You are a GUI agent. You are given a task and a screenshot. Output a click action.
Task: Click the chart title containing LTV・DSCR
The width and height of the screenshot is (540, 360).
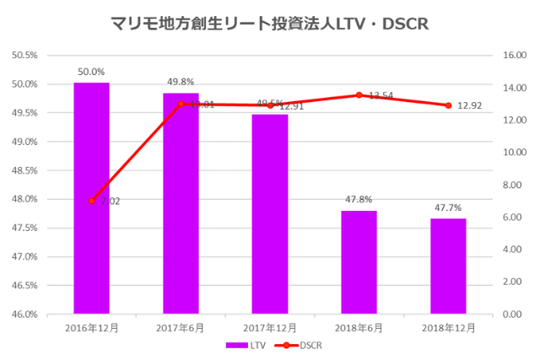tap(270, 24)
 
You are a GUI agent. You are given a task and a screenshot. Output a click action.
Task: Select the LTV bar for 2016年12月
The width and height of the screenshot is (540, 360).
tap(91, 198)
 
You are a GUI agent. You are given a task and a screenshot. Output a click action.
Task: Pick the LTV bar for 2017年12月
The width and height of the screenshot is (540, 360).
tap(270, 214)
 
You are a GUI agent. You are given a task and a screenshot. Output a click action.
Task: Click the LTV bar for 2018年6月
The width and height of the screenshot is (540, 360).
tap(359, 262)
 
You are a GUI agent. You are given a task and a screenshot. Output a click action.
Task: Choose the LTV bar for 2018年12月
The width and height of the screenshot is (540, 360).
tap(448, 266)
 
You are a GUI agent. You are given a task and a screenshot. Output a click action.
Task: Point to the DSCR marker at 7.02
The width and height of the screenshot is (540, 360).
tap(91, 201)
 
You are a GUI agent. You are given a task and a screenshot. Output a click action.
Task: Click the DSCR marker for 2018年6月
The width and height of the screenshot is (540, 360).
tap(359, 95)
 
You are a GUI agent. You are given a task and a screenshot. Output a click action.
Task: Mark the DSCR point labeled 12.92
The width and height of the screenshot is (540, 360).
tap(448, 105)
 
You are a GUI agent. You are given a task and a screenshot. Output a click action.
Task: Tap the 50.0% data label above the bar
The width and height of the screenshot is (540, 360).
tap(91, 72)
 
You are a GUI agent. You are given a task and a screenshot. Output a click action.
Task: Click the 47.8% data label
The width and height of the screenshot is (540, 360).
tap(359, 200)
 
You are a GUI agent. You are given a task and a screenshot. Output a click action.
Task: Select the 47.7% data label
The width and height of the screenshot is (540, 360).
tap(448, 207)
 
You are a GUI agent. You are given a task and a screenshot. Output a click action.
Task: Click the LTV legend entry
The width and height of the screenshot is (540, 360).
tap(244, 345)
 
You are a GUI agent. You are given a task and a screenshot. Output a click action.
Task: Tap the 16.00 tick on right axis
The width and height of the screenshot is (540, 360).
tap(515, 56)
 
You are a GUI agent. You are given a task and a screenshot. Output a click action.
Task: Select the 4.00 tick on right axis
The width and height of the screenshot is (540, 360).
tap(515, 250)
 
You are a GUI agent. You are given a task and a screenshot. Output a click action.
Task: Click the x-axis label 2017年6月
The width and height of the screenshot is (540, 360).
tap(181, 326)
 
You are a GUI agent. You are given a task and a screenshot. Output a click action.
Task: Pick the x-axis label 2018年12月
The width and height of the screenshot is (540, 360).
tap(448, 326)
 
